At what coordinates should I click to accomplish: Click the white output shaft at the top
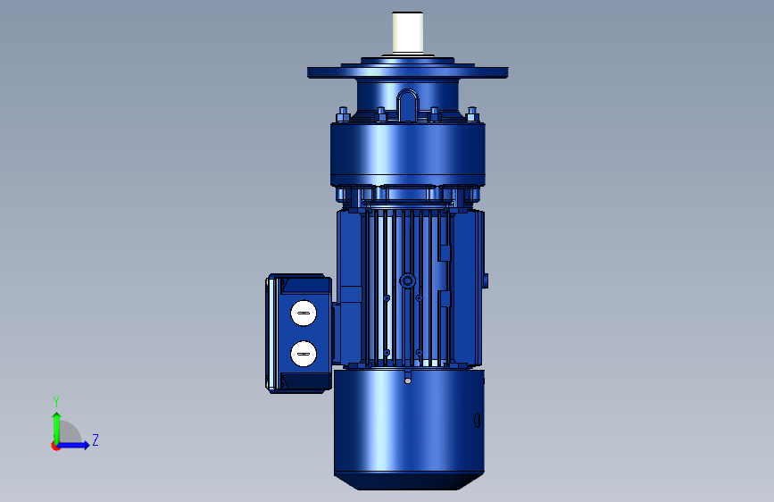408,33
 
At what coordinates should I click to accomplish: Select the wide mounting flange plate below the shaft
408,72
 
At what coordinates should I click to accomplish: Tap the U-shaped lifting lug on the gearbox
408,105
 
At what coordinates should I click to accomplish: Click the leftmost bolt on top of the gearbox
343,114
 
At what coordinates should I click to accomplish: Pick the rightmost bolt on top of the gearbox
472,114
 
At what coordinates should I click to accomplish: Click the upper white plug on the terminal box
304,314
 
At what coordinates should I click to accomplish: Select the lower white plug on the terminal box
304,354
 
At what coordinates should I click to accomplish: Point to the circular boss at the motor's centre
407,281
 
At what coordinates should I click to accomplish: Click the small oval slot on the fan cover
477,420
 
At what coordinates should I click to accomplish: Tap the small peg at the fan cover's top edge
408,378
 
